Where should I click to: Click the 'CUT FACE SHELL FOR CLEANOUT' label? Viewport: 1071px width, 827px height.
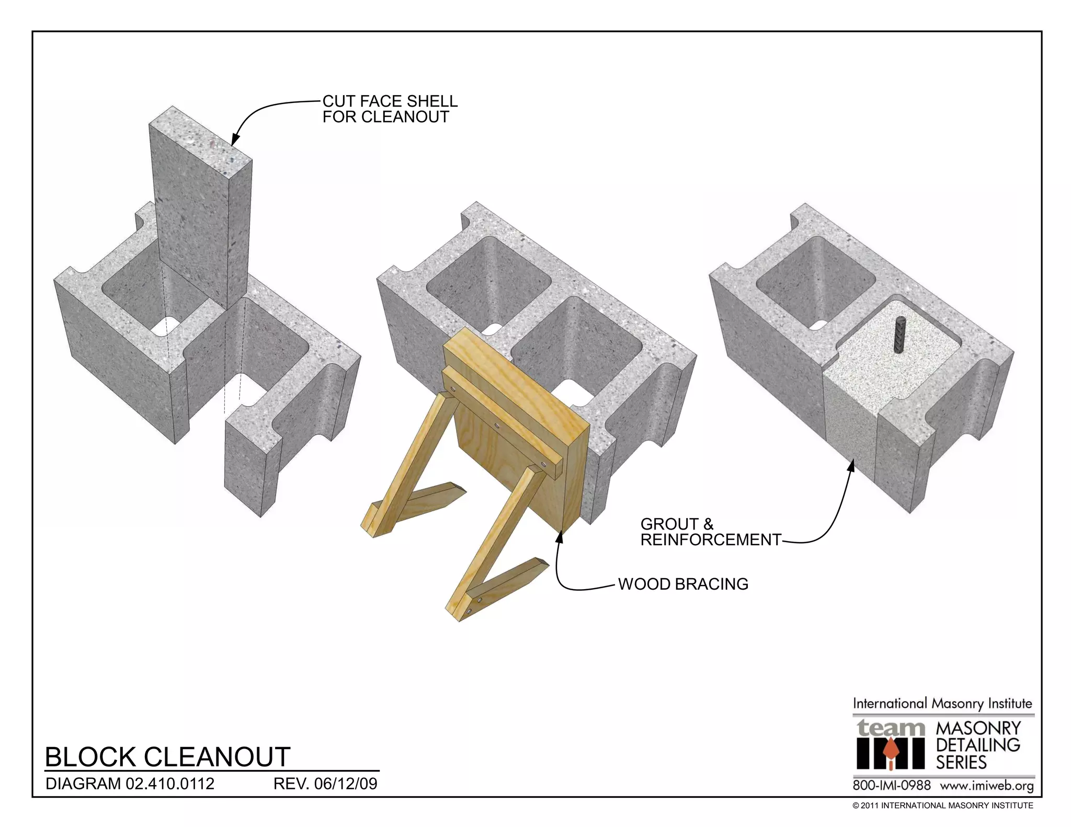pyautogui.click(x=390, y=109)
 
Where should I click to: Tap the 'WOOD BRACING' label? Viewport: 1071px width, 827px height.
pyautogui.click(x=683, y=584)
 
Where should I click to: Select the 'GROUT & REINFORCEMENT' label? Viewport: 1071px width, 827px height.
pyautogui.click(x=710, y=532)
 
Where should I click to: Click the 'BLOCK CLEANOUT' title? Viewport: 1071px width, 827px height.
pyautogui.click(x=167, y=756)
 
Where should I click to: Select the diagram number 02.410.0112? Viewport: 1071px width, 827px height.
pyautogui.click(x=170, y=784)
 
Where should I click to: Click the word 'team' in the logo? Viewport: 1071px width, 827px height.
pyautogui.click(x=891, y=727)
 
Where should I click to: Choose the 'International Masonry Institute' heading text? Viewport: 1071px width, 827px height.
pyautogui.click(x=942, y=703)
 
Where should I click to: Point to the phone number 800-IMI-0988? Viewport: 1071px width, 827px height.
pyautogui.click(x=892, y=785)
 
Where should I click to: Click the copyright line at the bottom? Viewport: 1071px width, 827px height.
pyautogui.click(x=942, y=806)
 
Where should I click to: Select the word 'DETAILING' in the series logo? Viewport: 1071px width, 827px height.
pyautogui.click(x=978, y=745)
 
